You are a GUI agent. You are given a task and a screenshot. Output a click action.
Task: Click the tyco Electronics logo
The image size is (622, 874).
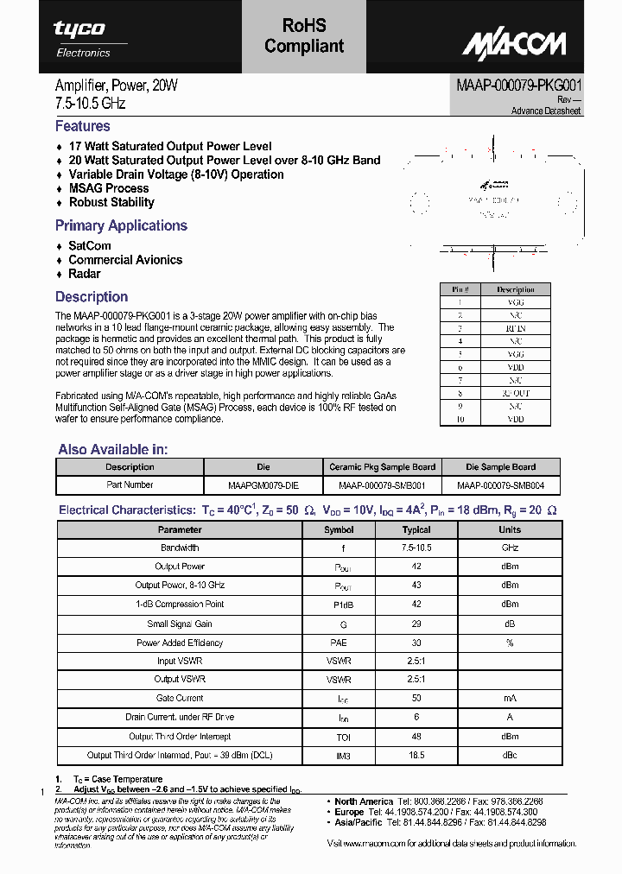coord(82,38)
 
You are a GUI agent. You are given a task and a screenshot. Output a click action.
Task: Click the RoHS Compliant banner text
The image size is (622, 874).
coord(304,36)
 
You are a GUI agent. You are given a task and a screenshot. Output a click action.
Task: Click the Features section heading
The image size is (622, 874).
coord(83,126)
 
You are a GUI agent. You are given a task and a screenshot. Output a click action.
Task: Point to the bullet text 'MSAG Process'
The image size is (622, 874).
coord(109,188)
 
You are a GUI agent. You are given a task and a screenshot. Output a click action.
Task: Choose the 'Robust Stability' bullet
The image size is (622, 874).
coord(111,202)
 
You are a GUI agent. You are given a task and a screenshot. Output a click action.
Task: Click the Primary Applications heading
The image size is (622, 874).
coord(121,225)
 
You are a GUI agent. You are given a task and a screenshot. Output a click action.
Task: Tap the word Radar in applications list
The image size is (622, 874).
coord(85,274)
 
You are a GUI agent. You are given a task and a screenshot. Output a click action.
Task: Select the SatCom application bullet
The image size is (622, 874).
coord(90,246)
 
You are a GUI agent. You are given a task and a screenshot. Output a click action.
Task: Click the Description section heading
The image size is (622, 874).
coord(92,297)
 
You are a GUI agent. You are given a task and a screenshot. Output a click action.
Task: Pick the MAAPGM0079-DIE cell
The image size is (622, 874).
coord(263,485)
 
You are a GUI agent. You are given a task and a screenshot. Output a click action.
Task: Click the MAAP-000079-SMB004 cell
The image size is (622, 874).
coord(501,485)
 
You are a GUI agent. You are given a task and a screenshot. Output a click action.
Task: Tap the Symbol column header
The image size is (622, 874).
coord(339,529)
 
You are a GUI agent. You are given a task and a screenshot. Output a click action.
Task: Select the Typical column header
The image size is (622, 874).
coord(416,529)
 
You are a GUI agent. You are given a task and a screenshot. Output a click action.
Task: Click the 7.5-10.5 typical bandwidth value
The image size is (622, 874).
coord(416,548)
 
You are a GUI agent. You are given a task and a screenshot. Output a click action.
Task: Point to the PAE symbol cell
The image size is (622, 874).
coord(339,643)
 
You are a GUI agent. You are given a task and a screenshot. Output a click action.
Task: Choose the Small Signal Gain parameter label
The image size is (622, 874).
coord(180,624)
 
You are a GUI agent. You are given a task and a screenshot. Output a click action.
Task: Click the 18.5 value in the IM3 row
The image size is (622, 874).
coord(416,755)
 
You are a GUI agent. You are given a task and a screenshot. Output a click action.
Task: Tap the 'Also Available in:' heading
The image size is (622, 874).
coord(113,449)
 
